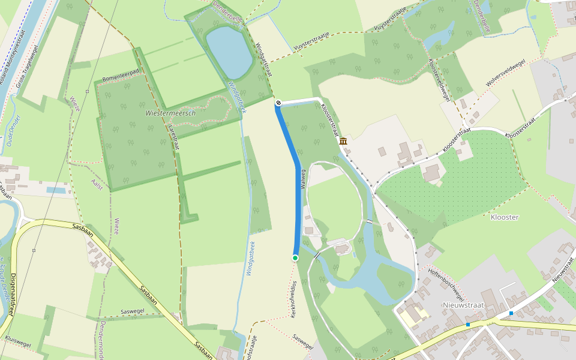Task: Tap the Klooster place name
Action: tap(504, 217)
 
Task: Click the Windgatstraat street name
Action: tap(264, 59)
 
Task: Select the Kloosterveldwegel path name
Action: tap(439, 78)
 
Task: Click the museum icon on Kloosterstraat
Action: tap(343, 142)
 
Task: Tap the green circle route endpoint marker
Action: tap(295, 257)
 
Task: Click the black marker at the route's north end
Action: tap(278, 103)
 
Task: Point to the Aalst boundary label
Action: tap(97, 184)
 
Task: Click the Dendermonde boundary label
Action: tap(103, 340)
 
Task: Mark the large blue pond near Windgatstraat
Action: tap(229, 52)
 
